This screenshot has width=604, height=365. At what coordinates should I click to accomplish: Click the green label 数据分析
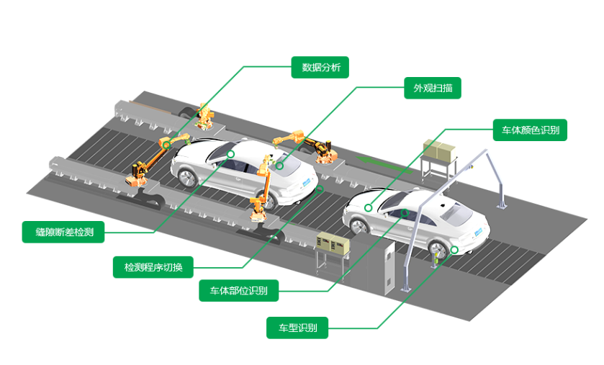tap(320, 68)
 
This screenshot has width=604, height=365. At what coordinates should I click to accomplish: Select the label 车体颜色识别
tap(529, 130)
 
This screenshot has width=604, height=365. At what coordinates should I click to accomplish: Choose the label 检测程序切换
tap(153, 267)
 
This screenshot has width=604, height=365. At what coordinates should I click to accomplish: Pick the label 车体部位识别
tap(238, 291)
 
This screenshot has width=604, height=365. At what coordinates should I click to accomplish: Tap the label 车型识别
tap(297, 328)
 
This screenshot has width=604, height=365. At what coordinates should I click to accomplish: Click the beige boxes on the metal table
tap(438, 149)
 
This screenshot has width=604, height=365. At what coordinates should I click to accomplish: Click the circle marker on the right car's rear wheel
tap(454, 250)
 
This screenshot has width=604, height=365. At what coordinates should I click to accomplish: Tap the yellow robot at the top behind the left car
tap(205, 116)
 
